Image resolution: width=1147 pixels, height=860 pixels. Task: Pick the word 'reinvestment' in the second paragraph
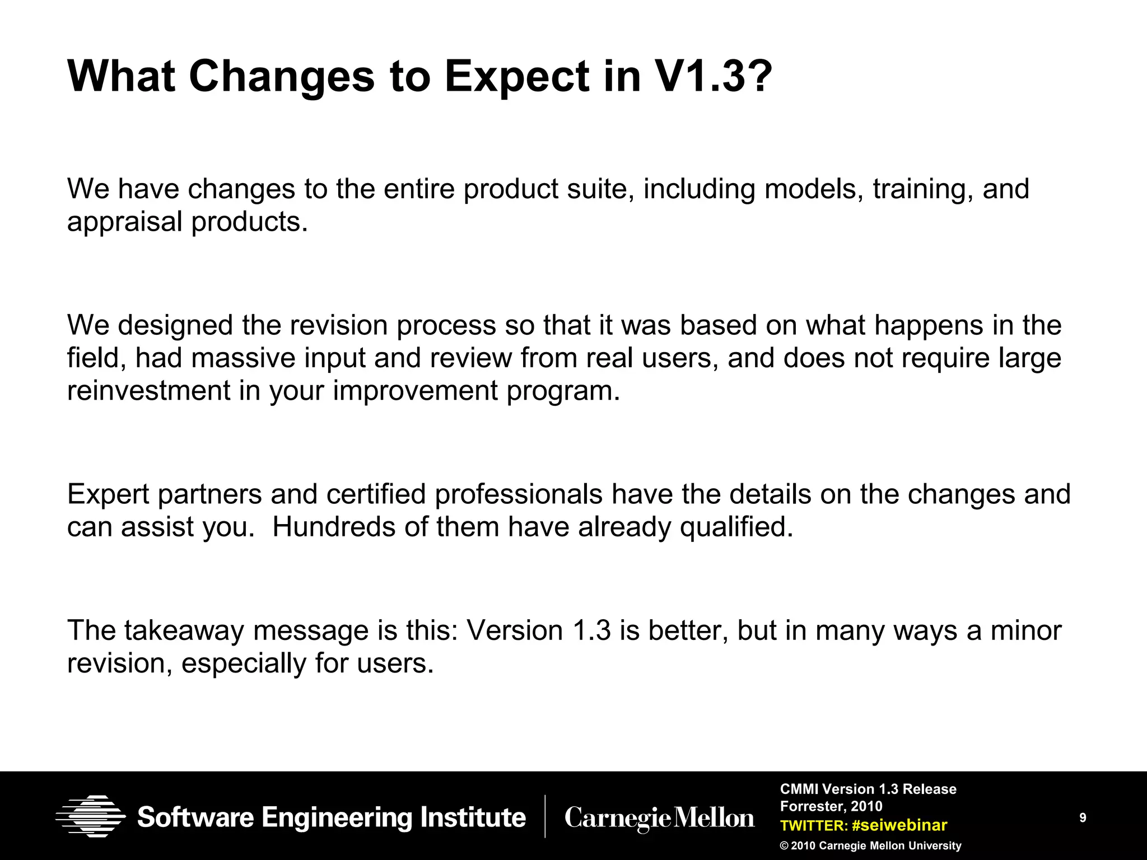148,391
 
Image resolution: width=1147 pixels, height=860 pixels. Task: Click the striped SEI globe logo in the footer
90,816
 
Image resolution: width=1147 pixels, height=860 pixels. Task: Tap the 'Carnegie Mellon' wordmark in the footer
659,818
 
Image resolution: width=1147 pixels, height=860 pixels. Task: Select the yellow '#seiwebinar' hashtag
899,825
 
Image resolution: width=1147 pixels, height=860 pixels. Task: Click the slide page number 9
1083,818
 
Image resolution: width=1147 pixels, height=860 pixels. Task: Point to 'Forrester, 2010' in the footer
831,806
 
